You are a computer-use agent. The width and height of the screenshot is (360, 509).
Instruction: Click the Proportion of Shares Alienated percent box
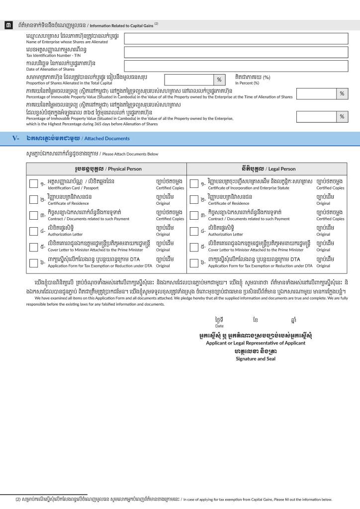click(189, 80)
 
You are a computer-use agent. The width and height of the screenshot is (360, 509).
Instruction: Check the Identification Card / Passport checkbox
click(33, 184)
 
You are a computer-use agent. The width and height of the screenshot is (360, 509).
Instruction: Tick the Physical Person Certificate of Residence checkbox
click(33, 199)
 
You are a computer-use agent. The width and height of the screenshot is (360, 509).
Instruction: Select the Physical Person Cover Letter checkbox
click(33, 246)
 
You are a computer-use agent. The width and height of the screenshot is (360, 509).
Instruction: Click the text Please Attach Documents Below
click(130, 154)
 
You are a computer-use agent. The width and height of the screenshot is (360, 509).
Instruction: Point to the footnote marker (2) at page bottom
click(18, 500)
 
